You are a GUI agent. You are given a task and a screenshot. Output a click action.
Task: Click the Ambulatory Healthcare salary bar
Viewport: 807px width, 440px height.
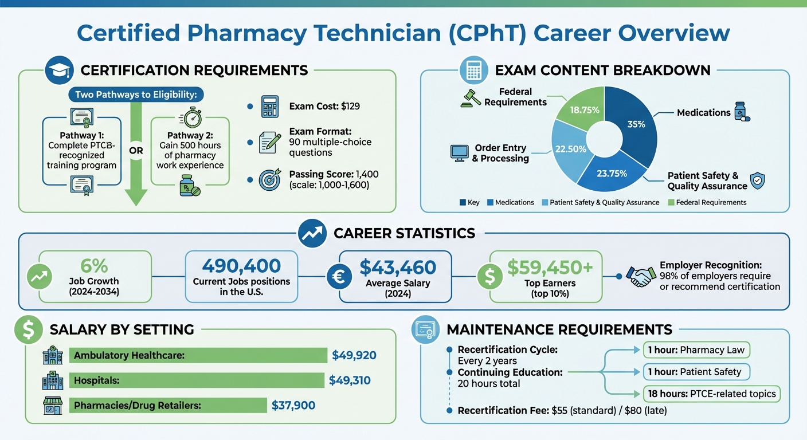tap(198, 355)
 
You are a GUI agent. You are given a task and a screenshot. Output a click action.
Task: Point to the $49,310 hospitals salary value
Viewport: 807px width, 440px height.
tap(350, 380)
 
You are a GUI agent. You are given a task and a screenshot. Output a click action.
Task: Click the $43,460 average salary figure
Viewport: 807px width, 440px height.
tap(398, 267)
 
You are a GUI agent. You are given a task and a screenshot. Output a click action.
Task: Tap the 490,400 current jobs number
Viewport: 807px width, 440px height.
tap(241, 266)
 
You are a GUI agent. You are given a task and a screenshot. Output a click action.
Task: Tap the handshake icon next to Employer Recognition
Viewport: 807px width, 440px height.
tap(640, 276)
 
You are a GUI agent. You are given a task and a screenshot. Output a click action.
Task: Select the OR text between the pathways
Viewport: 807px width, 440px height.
tap(136, 151)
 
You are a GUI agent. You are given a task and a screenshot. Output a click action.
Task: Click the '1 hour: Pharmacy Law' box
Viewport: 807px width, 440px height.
tap(696, 349)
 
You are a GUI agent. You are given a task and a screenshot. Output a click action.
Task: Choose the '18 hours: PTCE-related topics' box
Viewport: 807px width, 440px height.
tap(711, 394)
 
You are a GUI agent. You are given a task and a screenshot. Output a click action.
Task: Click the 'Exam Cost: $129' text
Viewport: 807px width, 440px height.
tap(324, 106)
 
